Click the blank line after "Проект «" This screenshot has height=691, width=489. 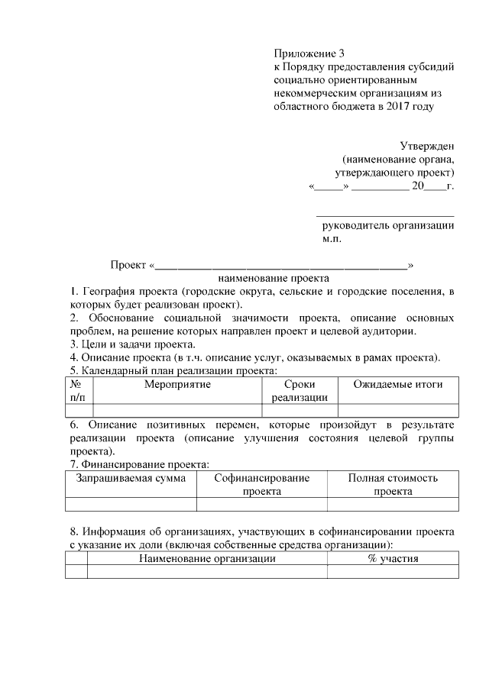(x=281, y=266)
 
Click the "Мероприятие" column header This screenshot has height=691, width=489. (x=177, y=384)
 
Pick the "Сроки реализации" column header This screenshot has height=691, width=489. (x=299, y=390)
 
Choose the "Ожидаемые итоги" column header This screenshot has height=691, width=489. (x=397, y=384)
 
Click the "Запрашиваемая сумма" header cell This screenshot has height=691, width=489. (x=131, y=478)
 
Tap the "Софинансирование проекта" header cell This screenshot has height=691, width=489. (x=261, y=484)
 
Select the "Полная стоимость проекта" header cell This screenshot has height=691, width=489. (x=393, y=484)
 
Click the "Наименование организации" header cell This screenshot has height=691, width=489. (x=207, y=558)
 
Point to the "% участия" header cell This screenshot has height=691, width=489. (x=393, y=558)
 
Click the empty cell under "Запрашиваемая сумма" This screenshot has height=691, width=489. (x=131, y=504)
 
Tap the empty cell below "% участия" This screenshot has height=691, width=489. (x=393, y=572)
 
